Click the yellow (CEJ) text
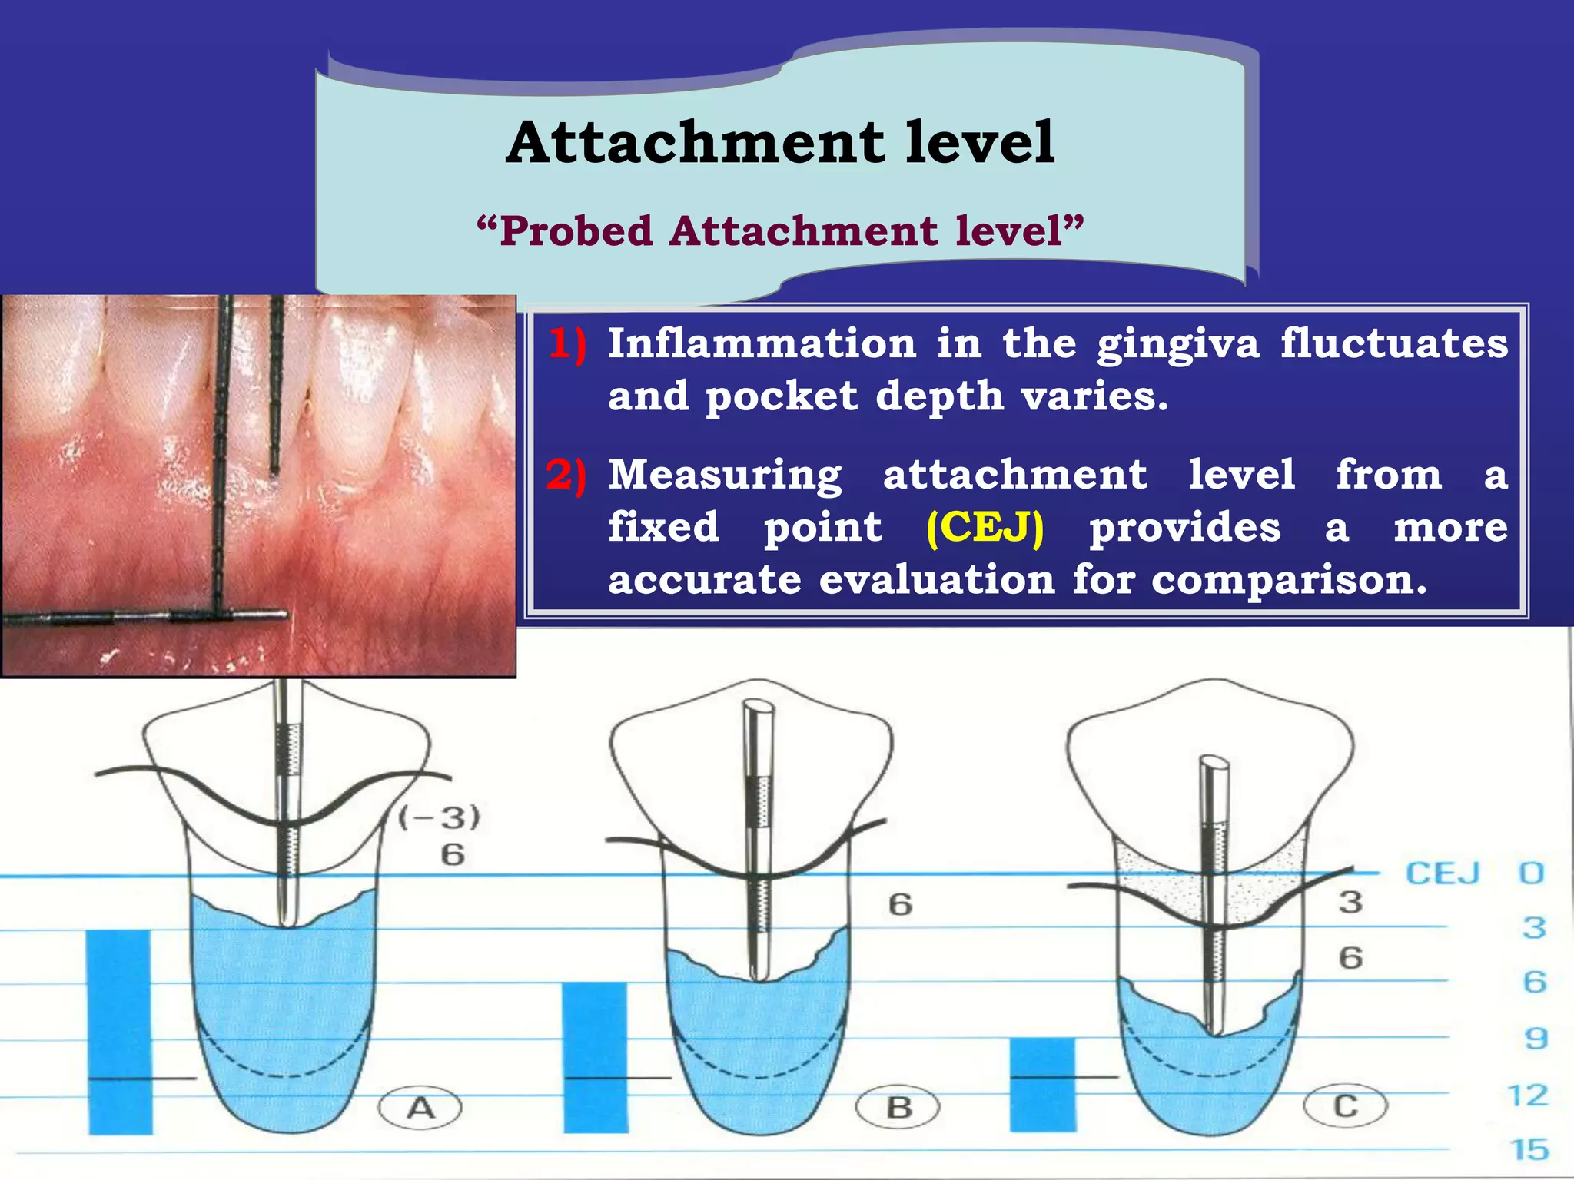pyautogui.click(x=985, y=528)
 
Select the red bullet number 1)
pyautogui.click(x=567, y=343)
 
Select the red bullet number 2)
pyautogui.click(x=566, y=475)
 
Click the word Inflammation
pyautogui.click(x=762, y=343)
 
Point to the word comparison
pyautogui.click(x=1289, y=579)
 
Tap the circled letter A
pyautogui.click(x=420, y=1108)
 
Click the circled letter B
pyautogui.click(x=898, y=1108)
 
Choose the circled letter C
pyautogui.click(x=1345, y=1106)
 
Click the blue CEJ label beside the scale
pyautogui.click(x=1443, y=873)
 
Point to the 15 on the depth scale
pyautogui.click(x=1529, y=1150)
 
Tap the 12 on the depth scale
pyautogui.click(x=1528, y=1095)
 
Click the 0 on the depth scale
pyautogui.click(x=1532, y=873)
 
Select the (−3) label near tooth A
pyautogui.click(x=440, y=817)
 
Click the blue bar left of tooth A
pyautogui.click(x=119, y=1031)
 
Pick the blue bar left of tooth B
pyautogui.click(x=596, y=1057)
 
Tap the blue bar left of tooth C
pyautogui.click(x=1042, y=1084)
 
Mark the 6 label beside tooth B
pyautogui.click(x=900, y=904)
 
